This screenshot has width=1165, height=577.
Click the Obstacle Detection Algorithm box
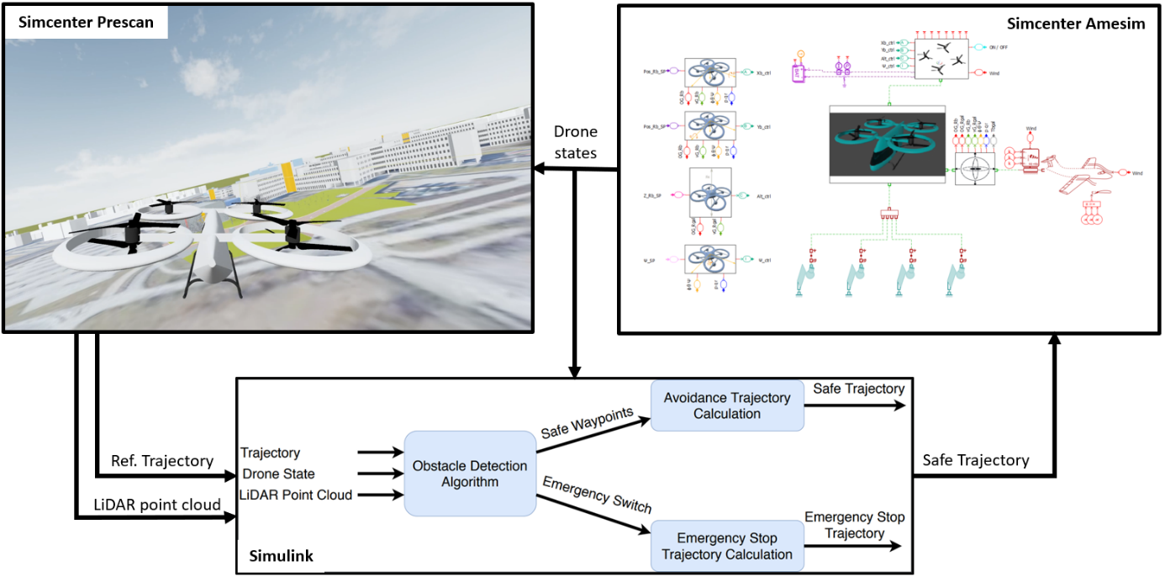pos(469,474)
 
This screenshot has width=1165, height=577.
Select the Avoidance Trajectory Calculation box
pos(727,405)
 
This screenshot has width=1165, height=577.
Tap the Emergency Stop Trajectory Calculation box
pos(726,546)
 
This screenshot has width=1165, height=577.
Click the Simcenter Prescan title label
pos(86,22)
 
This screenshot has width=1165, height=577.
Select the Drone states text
pos(576,142)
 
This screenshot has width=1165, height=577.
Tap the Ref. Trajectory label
pos(161,461)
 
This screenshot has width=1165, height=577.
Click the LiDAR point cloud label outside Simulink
pos(158,504)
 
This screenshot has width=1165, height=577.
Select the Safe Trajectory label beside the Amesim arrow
pos(975,460)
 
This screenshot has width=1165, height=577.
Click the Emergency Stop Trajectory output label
pos(854,525)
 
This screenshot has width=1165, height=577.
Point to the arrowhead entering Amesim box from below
pos(1055,341)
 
